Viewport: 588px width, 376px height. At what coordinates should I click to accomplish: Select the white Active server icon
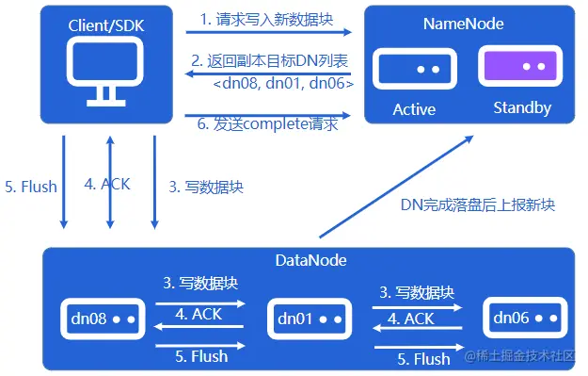coord(414,70)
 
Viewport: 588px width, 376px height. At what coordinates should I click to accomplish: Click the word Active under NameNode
coord(414,109)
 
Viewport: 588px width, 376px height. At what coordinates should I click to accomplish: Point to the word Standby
coord(522,108)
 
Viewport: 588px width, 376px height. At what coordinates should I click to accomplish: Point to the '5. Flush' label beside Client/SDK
coord(31,186)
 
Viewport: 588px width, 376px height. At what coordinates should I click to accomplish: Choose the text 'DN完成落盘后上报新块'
coord(478,204)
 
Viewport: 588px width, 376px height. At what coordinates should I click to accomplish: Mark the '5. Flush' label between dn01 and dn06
coord(423,359)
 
